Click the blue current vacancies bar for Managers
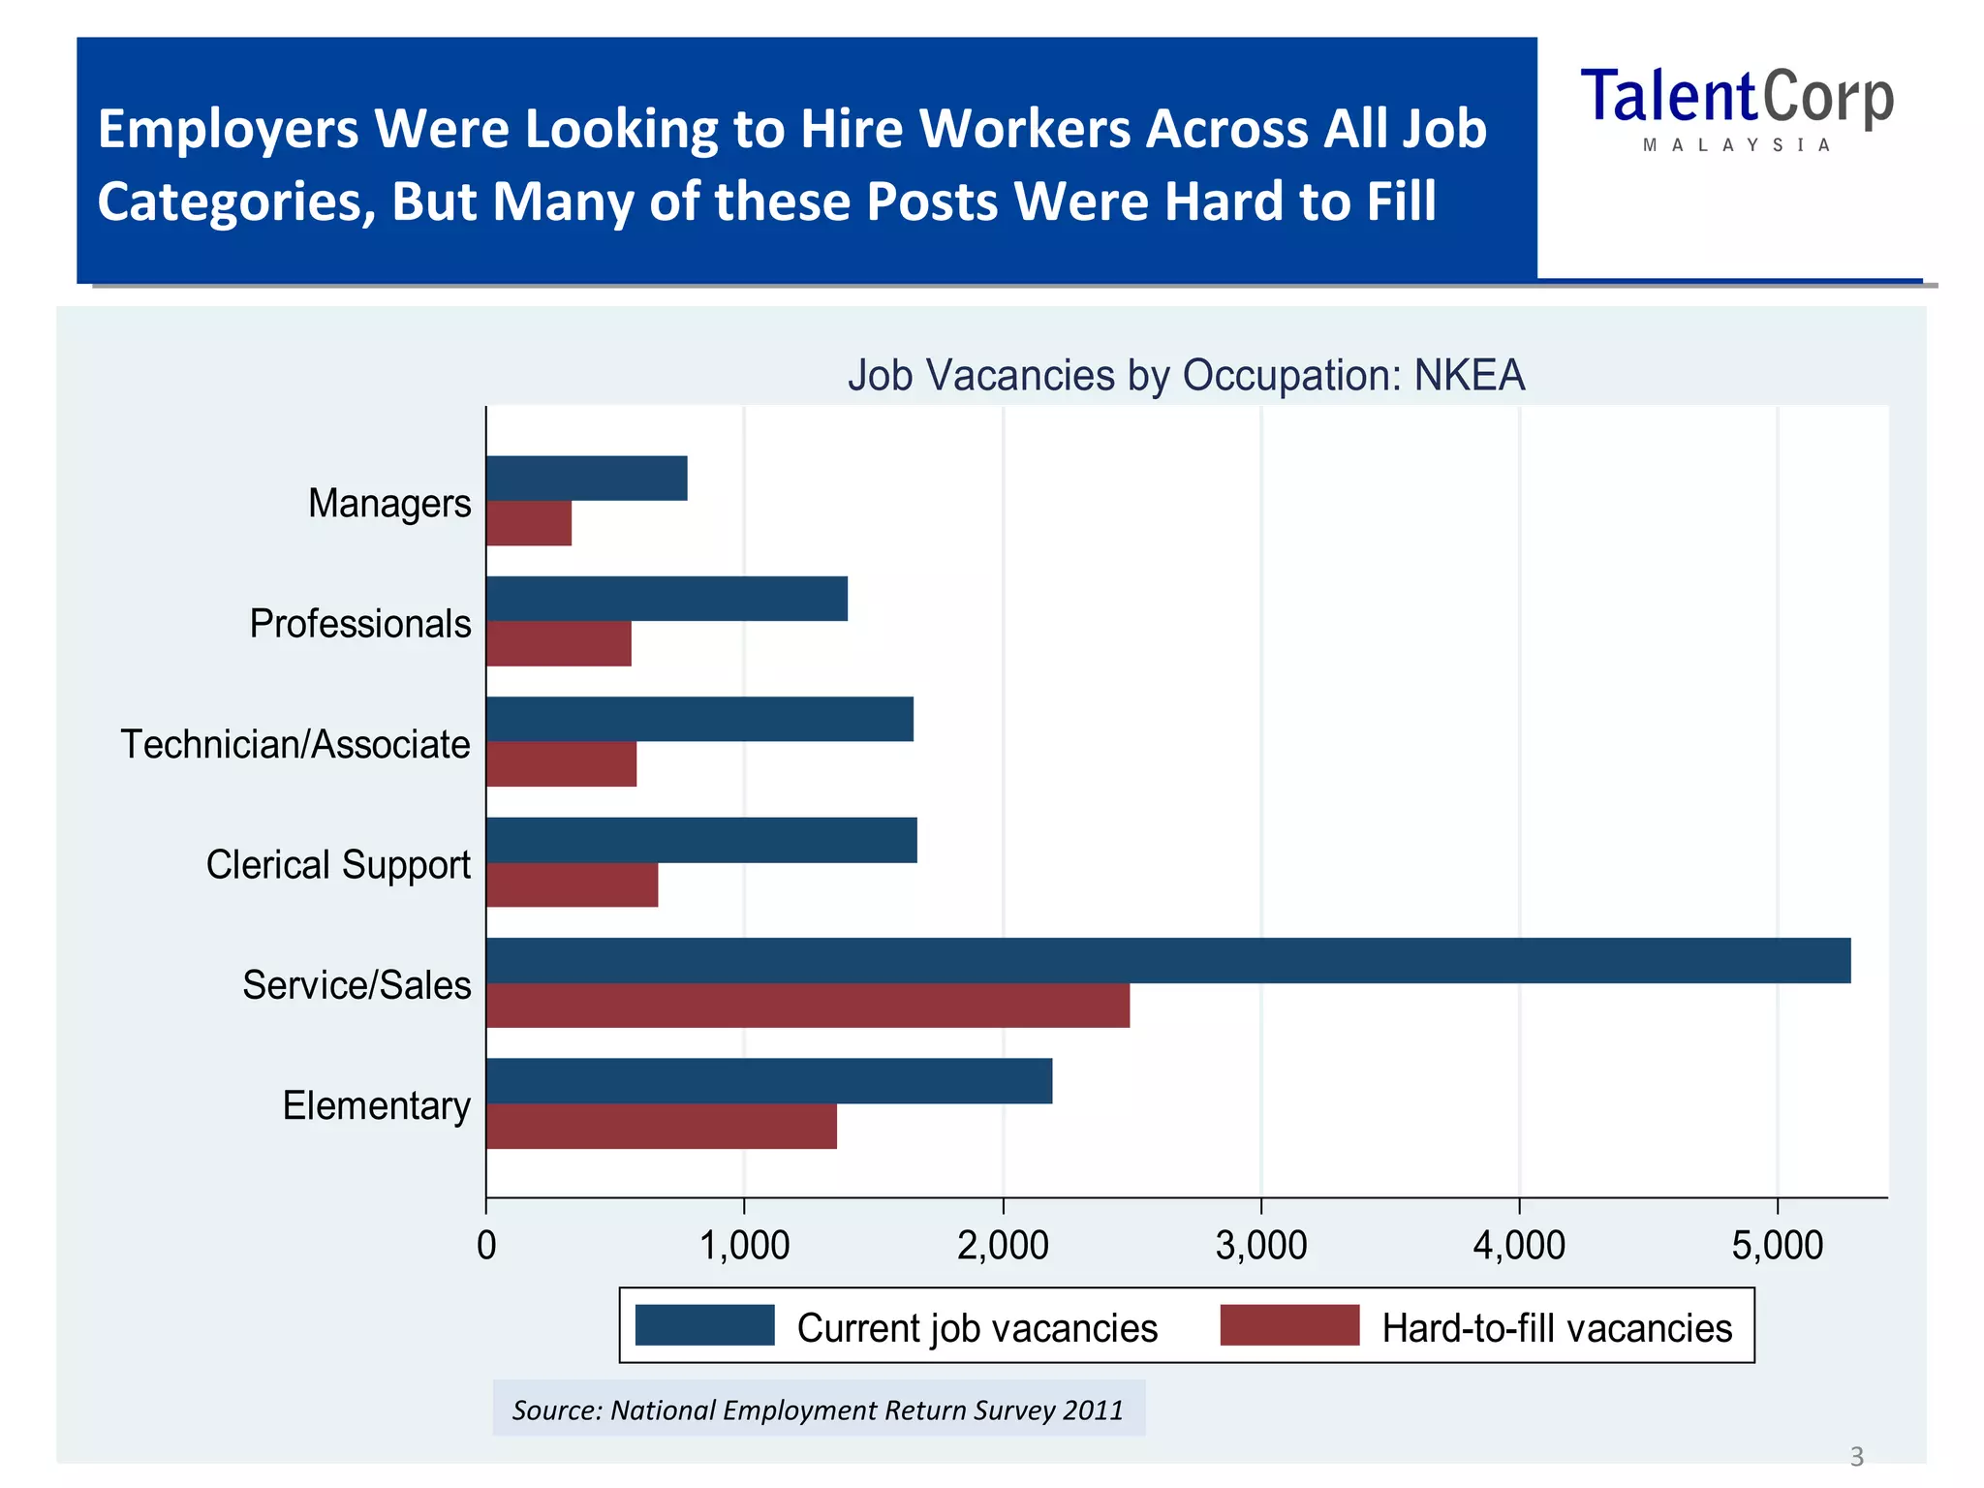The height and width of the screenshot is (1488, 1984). point(586,478)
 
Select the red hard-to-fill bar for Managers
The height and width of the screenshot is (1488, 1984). point(528,523)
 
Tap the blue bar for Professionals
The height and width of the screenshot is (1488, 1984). point(666,599)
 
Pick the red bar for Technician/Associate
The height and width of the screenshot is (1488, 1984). point(561,764)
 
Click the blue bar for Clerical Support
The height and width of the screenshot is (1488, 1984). point(701,840)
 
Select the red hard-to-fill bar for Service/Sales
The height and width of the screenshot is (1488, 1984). point(807,1006)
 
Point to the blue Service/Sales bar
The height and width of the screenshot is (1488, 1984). point(1167,960)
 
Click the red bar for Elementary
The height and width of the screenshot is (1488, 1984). point(661,1126)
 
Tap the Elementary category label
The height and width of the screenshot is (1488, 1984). point(376,1105)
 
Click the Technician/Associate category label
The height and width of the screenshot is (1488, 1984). point(295,744)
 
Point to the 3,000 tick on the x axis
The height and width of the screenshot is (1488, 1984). point(1260,1245)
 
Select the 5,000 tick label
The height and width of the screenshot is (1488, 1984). point(1777,1245)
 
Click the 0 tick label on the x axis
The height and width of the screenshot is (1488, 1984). point(486,1245)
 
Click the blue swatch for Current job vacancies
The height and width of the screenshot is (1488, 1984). point(704,1325)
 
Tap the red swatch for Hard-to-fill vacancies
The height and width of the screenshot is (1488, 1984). point(1289,1325)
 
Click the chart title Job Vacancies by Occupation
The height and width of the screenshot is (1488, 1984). point(1186,375)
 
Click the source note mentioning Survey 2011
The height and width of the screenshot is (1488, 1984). point(818,1410)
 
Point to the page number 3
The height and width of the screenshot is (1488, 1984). point(1856,1456)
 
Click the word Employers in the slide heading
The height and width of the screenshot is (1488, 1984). point(228,129)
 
